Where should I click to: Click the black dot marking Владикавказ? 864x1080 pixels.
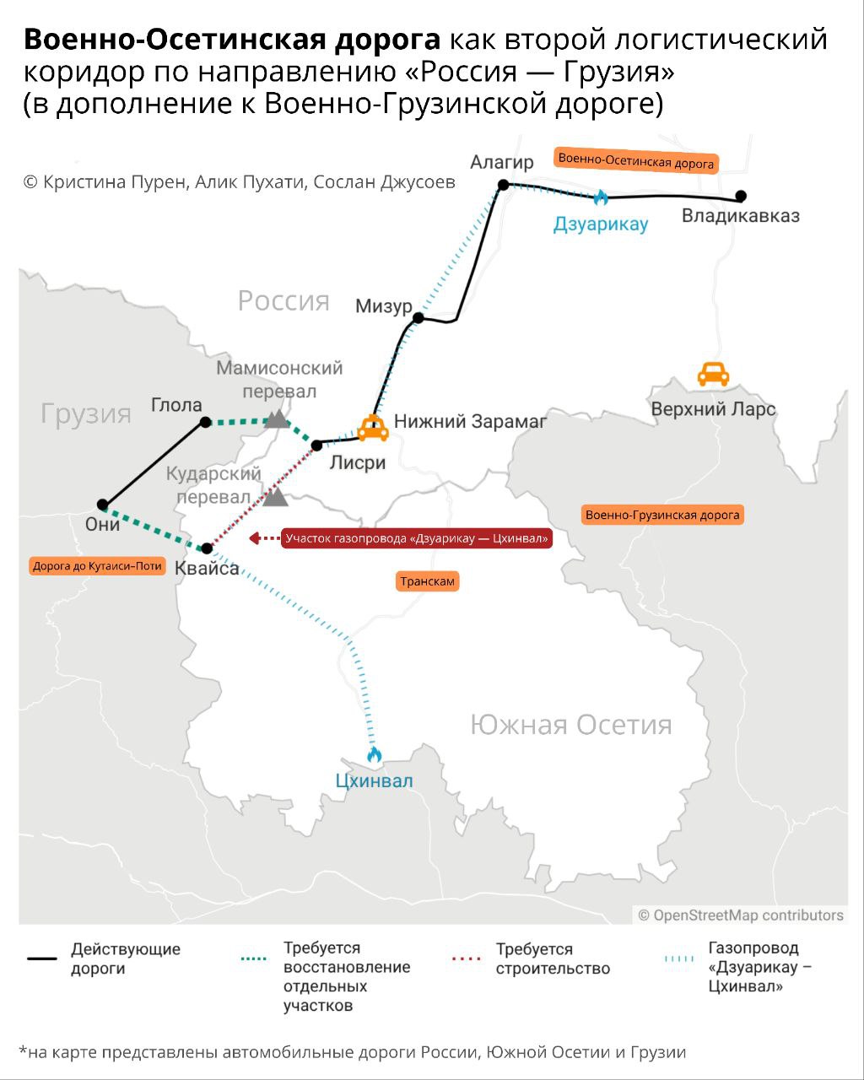click(741, 196)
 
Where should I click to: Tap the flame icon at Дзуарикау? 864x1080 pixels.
click(601, 197)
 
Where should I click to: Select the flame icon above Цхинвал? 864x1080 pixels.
click(375, 753)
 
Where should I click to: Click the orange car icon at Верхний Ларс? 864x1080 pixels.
click(713, 374)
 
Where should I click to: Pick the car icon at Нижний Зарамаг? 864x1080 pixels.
click(372, 429)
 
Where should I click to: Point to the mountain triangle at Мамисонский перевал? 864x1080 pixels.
click(276, 418)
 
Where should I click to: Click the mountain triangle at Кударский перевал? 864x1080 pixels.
click(275, 497)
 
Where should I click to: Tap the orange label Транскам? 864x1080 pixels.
click(428, 581)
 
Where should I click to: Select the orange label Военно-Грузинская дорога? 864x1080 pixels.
click(662, 515)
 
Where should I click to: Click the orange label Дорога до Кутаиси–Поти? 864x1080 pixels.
click(97, 566)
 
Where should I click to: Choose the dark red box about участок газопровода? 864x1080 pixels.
click(417, 537)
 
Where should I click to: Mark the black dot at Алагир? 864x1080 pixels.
click(503, 184)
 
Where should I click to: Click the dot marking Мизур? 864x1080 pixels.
click(418, 318)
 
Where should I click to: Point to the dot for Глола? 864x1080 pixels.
click(205, 422)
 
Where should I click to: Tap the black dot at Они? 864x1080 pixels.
click(103, 505)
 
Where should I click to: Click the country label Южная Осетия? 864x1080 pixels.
click(571, 725)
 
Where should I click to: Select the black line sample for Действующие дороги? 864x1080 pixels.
click(41, 958)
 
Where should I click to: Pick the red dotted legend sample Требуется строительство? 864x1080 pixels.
click(467, 958)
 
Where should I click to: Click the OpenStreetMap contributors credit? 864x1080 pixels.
click(741, 915)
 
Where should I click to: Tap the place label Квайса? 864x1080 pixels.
click(207, 569)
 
